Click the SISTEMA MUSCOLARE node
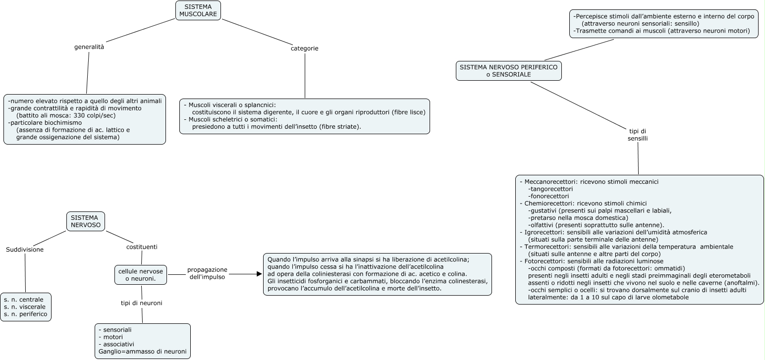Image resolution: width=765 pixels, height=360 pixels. tap(198, 10)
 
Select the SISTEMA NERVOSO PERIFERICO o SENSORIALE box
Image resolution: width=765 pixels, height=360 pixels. tap(508, 70)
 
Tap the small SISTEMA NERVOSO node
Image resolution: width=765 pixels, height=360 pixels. tap(85, 221)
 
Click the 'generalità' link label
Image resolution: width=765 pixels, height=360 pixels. tap(89, 47)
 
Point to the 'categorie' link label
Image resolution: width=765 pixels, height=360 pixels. tap(304, 49)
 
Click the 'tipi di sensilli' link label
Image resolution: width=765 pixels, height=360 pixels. tap(637, 135)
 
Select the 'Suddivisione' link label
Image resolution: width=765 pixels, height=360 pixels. tap(25, 250)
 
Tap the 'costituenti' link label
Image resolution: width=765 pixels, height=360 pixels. tap(142, 247)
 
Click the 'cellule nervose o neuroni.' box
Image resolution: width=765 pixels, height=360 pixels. tap(141, 275)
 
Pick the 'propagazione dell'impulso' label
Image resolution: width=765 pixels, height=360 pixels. tap(207, 273)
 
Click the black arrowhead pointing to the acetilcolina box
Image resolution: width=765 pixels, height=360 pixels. tap(259, 274)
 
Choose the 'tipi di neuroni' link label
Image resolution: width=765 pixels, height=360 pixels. tap(142, 303)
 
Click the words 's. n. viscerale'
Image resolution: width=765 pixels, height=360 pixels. tap(25, 307)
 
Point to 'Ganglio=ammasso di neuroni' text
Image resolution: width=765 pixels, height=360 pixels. tap(143, 352)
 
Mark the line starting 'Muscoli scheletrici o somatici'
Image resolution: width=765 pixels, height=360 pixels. tap(230, 119)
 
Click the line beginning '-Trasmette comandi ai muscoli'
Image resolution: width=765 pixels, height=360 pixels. tap(661, 31)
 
